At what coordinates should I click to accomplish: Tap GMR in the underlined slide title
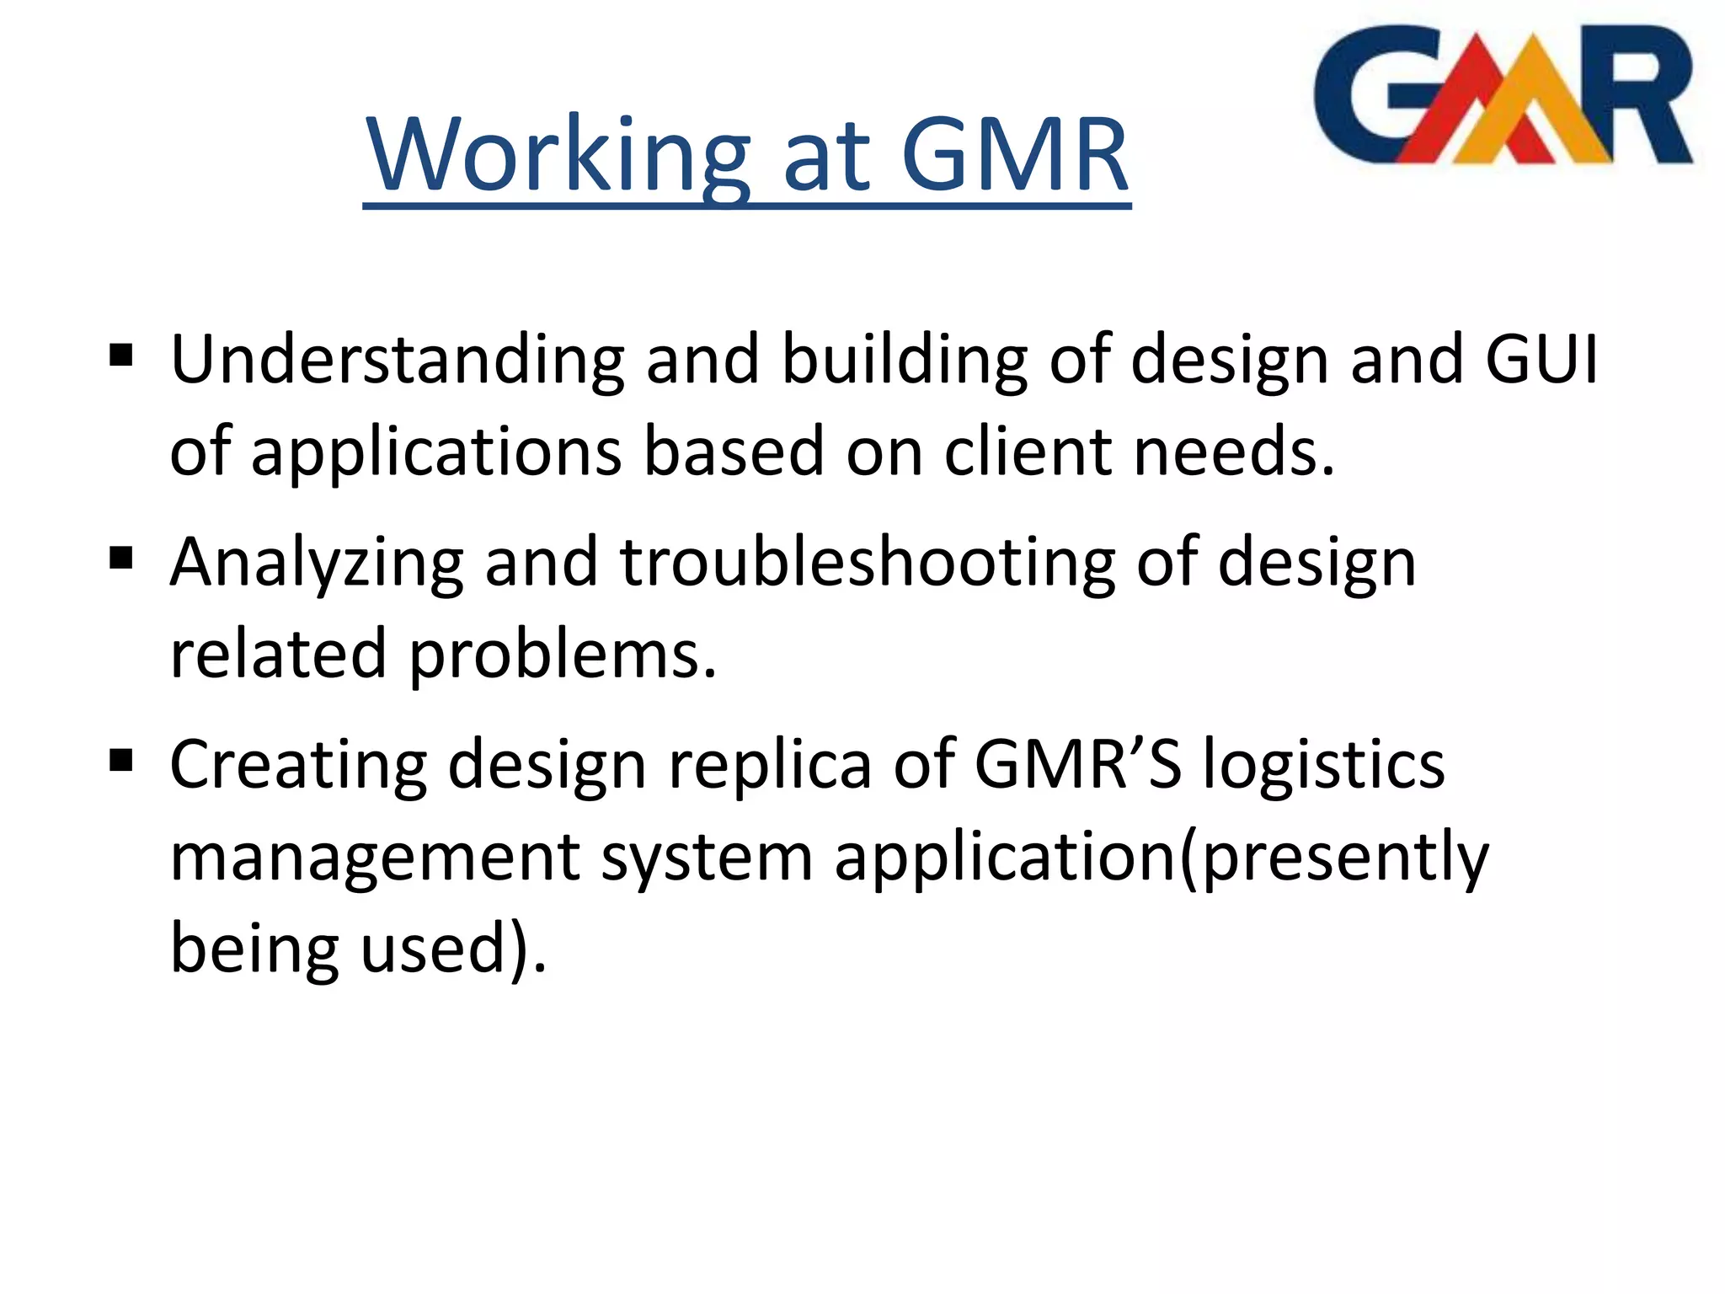pyautogui.click(x=1014, y=157)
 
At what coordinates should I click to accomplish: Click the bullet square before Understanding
pyautogui.click(x=121, y=356)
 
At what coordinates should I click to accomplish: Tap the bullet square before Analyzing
pyautogui.click(x=121, y=558)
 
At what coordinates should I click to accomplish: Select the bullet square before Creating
pyautogui.click(x=121, y=760)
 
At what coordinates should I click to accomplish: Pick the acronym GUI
pyautogui.click(x=1541, y=361)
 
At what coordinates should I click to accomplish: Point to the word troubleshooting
pyautogui.click(x=868, y=563)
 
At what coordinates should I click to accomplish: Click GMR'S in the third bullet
pyautogui.click(x=1078, y=763)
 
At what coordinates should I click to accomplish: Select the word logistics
pyautogui.click(x=1323, y=765)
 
